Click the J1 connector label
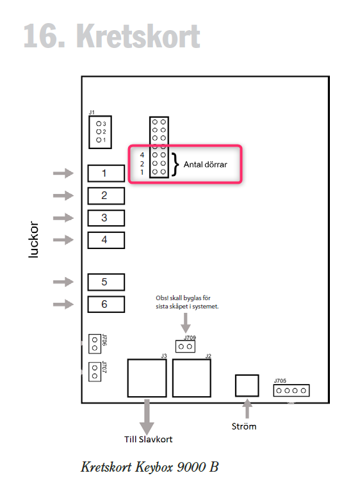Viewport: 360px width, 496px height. coord(92,112)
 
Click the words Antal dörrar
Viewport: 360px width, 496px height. coord(205,164)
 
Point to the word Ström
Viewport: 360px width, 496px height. coord(244,426)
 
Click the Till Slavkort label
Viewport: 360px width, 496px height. coord(148,440)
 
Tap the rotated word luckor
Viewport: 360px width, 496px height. coord(33,239)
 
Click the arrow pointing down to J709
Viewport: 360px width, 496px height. coord(186,323)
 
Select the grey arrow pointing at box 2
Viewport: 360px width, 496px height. coord(63,195)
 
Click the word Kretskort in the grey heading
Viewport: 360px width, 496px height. coord(138,36)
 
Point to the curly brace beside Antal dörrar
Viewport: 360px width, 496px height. coord(175,164)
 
